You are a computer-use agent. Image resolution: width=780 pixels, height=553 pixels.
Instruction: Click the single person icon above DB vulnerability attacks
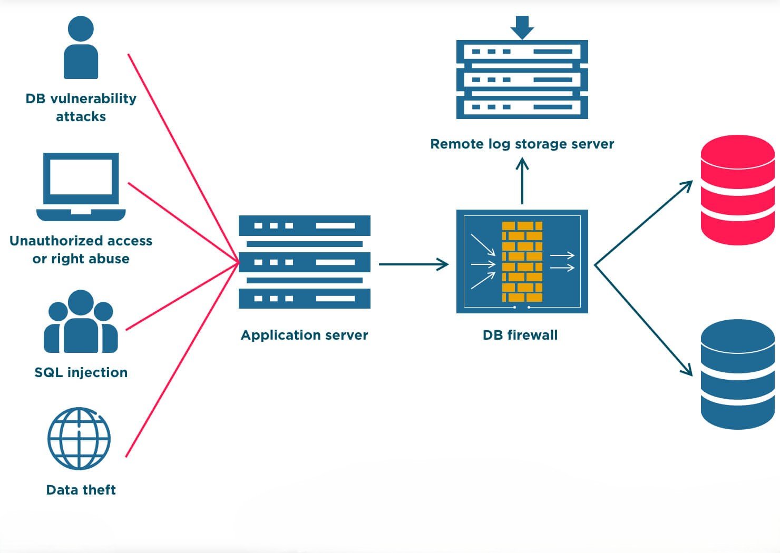81,47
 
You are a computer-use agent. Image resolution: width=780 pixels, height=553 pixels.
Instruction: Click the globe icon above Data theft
79,438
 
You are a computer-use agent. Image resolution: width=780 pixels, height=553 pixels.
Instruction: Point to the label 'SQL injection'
81,372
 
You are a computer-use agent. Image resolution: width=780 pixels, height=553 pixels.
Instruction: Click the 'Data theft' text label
81,490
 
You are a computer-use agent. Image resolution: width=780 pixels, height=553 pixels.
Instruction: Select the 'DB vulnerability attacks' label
81,107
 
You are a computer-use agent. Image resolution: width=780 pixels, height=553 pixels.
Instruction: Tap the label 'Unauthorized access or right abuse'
81,250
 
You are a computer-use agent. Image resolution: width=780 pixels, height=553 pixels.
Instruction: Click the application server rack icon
304,262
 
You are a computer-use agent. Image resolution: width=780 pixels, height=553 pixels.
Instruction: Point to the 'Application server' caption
304,335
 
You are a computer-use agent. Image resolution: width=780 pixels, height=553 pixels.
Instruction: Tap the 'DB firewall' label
520,335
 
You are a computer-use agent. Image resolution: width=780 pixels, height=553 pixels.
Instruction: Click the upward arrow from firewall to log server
522,182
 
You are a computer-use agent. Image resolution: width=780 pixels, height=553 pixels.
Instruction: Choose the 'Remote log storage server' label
522,144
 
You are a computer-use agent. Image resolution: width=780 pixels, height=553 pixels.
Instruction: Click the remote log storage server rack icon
522,79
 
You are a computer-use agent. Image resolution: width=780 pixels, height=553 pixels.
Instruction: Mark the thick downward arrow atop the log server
522,27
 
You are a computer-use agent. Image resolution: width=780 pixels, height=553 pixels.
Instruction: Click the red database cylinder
737,190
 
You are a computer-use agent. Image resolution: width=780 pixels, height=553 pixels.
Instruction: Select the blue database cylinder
737,374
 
